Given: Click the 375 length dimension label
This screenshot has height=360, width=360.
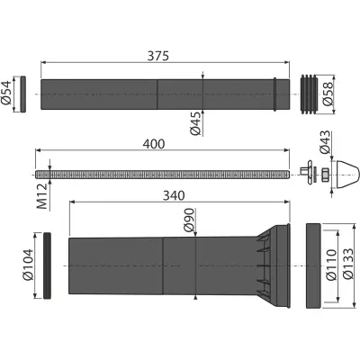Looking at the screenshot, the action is coord(158,56).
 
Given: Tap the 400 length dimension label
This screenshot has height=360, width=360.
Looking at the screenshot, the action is coord(154,144).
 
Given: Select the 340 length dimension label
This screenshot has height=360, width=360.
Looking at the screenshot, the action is coord(174,196).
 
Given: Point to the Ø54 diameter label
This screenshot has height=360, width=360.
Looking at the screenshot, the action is coord(6,93).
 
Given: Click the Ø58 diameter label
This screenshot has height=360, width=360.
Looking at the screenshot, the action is coord(328,94).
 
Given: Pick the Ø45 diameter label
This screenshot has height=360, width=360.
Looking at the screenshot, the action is coord(195,123).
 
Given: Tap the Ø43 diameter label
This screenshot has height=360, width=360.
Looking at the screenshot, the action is coord(325,142).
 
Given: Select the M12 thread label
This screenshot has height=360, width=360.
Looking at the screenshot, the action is coord(42,196).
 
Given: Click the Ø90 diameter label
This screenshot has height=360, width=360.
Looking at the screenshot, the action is coord(190,220).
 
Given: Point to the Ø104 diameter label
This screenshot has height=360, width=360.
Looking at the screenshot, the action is coord(28,265).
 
